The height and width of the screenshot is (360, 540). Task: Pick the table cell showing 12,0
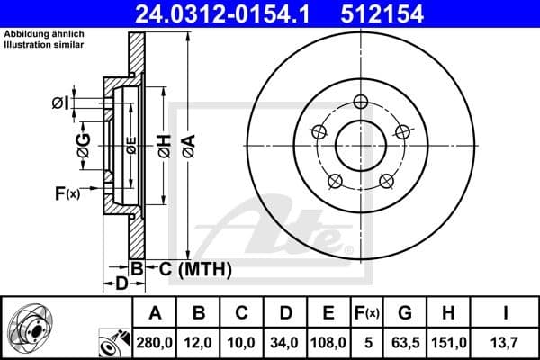[x=200, y=342]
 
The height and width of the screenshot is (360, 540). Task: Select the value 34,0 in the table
[x=285, y=342]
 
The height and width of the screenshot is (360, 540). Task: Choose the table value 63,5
[x=404, y=342]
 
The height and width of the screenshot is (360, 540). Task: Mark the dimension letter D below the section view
[x=121, y=283]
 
